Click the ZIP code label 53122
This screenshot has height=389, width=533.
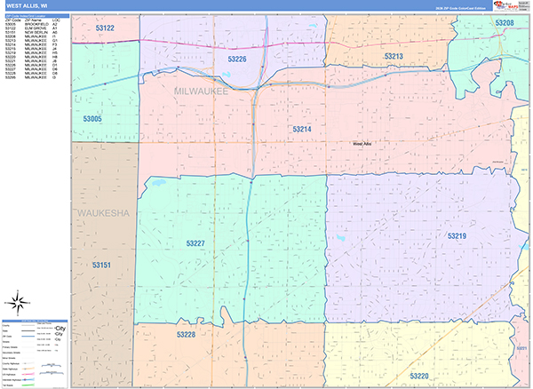pos(104,29)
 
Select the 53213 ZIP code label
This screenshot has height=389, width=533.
pos(394,56)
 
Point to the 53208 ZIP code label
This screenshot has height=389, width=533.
pos(504,22)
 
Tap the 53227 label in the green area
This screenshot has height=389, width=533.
pos(195,242)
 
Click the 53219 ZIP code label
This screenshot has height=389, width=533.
pos(457,236)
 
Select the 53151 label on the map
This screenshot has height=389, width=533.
pos(102,265)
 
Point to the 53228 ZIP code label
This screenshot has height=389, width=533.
pos(185,334)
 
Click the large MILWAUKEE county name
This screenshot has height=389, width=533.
pos(202,91)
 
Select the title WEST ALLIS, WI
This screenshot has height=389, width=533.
pos(28,5)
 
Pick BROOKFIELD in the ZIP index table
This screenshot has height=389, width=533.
pos(36,24)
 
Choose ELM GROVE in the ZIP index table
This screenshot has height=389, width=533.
pos(36,28)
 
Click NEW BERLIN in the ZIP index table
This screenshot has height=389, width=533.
pos(36,33)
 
